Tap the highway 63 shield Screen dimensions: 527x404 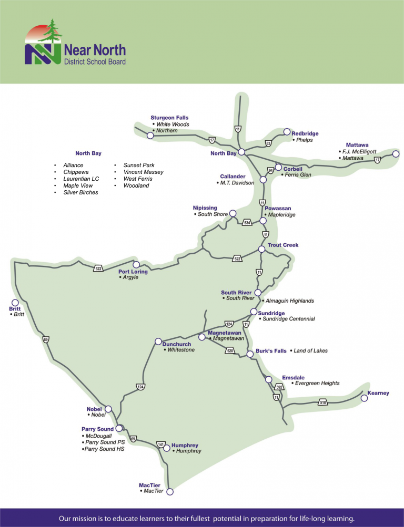click(268, 143)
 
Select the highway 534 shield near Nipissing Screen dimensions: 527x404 click(247, 223)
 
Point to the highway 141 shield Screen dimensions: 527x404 click(161, 445)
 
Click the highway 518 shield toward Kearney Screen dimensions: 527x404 click(322, 402)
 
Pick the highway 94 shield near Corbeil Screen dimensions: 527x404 click(270, 170)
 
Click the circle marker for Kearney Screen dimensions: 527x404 click(364, 398)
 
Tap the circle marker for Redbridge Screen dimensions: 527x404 click(287, 131)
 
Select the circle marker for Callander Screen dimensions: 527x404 click(263, 180)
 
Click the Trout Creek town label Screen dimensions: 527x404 click(283, 245)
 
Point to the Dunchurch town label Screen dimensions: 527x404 click(177, 344)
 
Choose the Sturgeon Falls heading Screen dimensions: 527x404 click(169, 118)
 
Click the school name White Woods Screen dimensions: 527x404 click(173, 125)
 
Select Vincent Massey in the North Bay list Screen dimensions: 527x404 click(143, 172)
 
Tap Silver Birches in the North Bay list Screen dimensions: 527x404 click(80, 192)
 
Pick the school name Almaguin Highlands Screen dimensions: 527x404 click(289, 301)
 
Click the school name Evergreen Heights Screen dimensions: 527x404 click(317, 384)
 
